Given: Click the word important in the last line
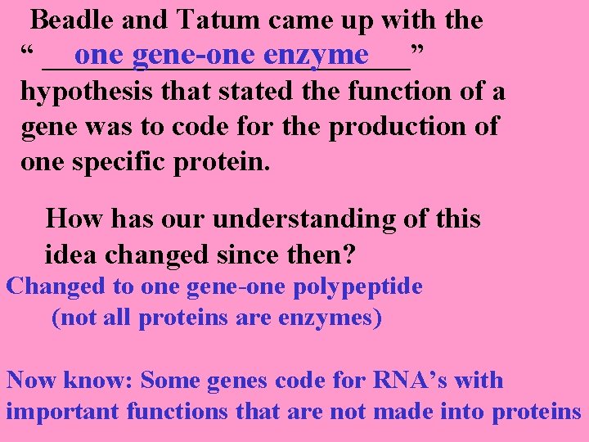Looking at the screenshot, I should pyautogui.click(x=63, y=412).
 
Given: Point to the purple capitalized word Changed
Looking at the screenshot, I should pyautogui.click(x=56, y=287).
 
